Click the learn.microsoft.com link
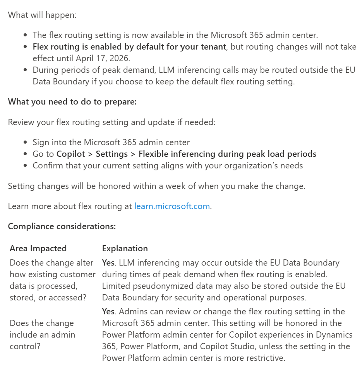pyautogui.click(x=172, y=206)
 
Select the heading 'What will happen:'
pyautogui.click(x=42, y=15)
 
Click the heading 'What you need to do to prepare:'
pyautogui.click(x=72, y=101)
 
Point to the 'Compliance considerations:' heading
pyautogui.click(x=62, y=226)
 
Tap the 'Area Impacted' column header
pyautogui.click(x=38, y=248)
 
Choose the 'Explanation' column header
pyautogui.click(x=125, y=248)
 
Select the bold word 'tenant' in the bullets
pyautogui.click(x=212, y=47)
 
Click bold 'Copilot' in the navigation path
pyautogui.click(x=70, y=154)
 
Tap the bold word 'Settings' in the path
pyautogui.click(x=111, y=154)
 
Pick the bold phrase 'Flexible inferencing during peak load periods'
pyautogui.click(x=227, y=154)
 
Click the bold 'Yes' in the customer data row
pyautogui.click(x=108, y=263)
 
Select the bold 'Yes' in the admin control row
pyautogui.click(x=108, y=312)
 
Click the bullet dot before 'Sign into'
pyautogui.click(x=25, y=142)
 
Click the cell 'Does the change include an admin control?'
pyautogui.click(x=42, y=334)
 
